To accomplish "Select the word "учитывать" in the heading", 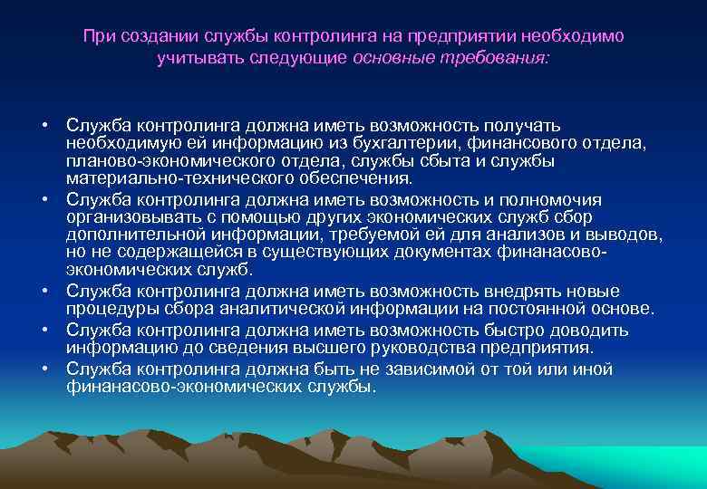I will click(189, 57).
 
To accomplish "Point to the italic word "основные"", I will click(394, 57).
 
